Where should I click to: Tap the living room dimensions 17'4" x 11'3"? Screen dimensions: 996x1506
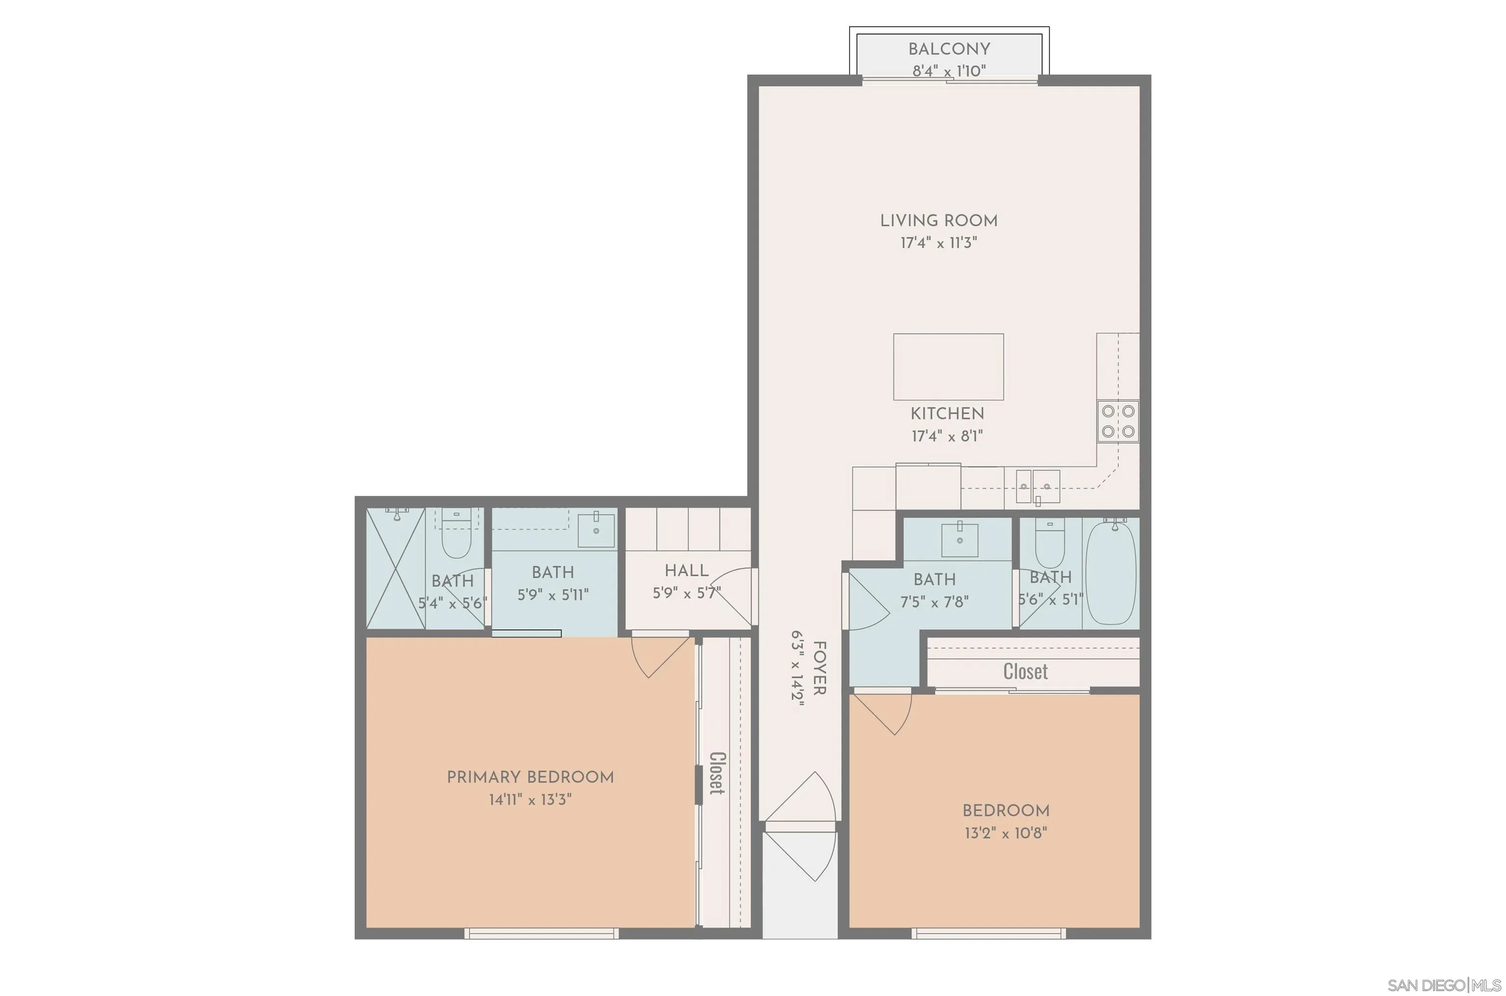tap(938, 243)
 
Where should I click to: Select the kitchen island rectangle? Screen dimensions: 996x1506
tap(948, 367)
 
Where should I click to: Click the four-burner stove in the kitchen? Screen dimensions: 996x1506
tap(1118, 421)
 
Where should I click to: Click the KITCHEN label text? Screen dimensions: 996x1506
tap(947, 414)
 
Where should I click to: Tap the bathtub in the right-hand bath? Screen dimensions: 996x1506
tap(1110, 573)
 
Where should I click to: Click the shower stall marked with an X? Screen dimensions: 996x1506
tap(395, 569)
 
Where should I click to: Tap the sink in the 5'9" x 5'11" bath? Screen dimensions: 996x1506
tap(595, 530)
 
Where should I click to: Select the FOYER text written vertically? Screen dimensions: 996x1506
tap(819, 668)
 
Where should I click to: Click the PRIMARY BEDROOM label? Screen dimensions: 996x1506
tap(530, 777)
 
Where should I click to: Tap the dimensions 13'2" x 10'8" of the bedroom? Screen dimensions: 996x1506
tap(1005, 833)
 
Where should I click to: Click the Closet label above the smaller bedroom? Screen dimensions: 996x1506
tap(1025, 672)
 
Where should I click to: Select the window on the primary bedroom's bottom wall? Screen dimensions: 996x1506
tap(541, 933)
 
